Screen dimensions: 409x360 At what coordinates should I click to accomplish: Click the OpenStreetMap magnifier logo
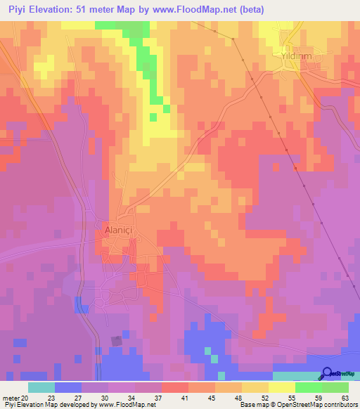coord(327,374)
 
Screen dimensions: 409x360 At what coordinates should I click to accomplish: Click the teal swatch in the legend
coord(41,387)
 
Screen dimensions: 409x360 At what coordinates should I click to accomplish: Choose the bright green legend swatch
coord(309,387)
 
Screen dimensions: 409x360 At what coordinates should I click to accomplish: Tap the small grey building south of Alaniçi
coord(116,341)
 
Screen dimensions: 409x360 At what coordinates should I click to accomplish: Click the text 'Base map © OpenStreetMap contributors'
coord(297,405)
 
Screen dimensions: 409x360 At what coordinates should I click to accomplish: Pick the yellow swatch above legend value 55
coord(282,387)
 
